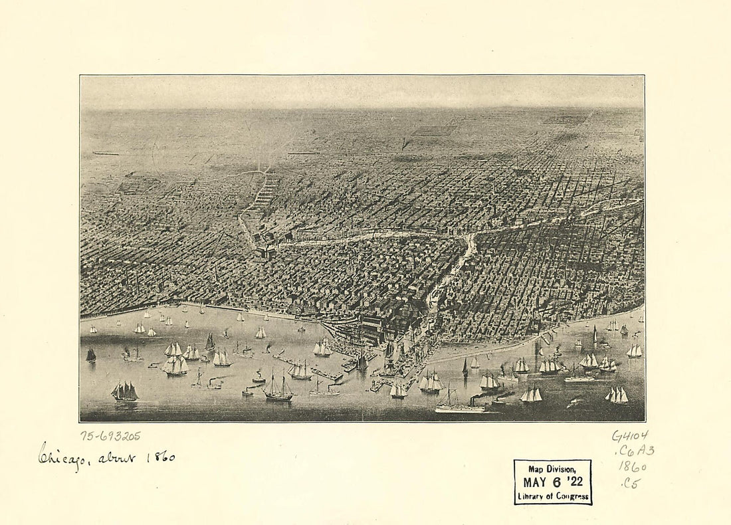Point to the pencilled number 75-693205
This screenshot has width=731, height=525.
click(x=110, y=436)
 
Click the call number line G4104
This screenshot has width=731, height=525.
click(x=630, y=435)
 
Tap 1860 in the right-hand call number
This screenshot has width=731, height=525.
click(x=633, y=466)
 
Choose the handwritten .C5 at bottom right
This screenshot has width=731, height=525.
click(x=630, y=483)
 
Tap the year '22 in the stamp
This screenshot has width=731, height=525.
click(x=574, y=482)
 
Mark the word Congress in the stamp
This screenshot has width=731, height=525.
click(x=570, y=496)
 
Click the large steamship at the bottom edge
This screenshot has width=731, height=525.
click(x=461, y=405)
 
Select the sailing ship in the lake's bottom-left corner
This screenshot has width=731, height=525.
click(x=124, y=391)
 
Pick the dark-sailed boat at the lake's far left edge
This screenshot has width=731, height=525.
click(x=91, y=355)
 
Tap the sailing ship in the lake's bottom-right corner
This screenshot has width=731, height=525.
click(x=617, y=395)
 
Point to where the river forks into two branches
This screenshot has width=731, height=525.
click(x=473, y=236)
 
